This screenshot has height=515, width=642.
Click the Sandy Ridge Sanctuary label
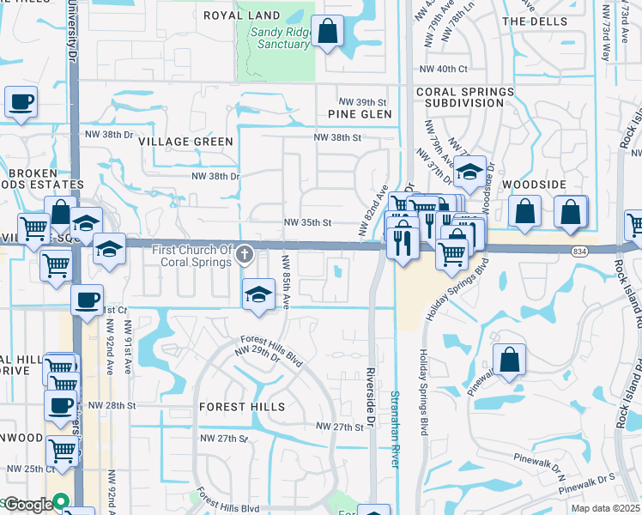pyautogui.click(x=279, y=39)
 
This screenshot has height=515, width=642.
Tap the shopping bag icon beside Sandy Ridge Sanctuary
pyautogui.click(x=328, y=33)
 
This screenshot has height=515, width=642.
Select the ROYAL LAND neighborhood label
pyautogui.click(x=241, y=15)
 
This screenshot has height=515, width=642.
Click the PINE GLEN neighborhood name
pyautogui.click(x=360, y=114)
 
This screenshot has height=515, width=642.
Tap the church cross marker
pyautogui.click(x=245, y=252)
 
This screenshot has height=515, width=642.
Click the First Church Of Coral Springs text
pyautogui.click(x=193, y=256)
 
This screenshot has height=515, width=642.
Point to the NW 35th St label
pyautogui.click(x=307, y=223)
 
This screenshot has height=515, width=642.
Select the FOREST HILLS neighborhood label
pyautogui.click(x=241, y=407)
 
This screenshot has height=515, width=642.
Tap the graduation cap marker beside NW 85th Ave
pyautogui.click(x=258, y=294)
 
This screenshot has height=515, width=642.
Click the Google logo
pyautogui.click(x=28, y=505)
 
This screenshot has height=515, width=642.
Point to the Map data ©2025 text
pyautogui.click(x=605, y=509)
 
